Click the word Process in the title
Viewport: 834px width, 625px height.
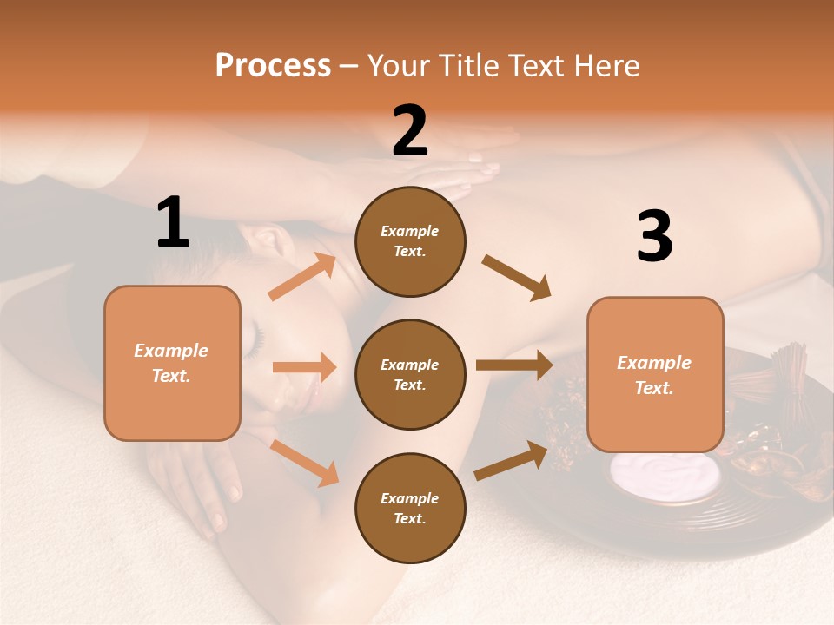(273, 66)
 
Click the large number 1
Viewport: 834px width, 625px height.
(173, 222)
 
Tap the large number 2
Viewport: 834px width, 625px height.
(410, 131)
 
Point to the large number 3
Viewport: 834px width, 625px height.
(654, 237)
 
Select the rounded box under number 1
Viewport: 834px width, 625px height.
(172, 363)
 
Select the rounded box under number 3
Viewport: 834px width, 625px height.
(655, 374)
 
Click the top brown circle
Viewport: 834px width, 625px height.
(410, 241)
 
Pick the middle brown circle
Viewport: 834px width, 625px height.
(410, 374)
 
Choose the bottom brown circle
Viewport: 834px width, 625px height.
(410, 508)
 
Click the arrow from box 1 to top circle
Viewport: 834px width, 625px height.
(302, 277)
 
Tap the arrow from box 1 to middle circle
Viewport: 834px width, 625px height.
(304, 367)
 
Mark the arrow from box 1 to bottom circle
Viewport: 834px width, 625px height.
(305, 462)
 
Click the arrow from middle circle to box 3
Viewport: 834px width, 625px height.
(514, 365)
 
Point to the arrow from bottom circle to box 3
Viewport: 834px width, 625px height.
(512, 460)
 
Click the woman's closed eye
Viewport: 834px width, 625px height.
(254, 340)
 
